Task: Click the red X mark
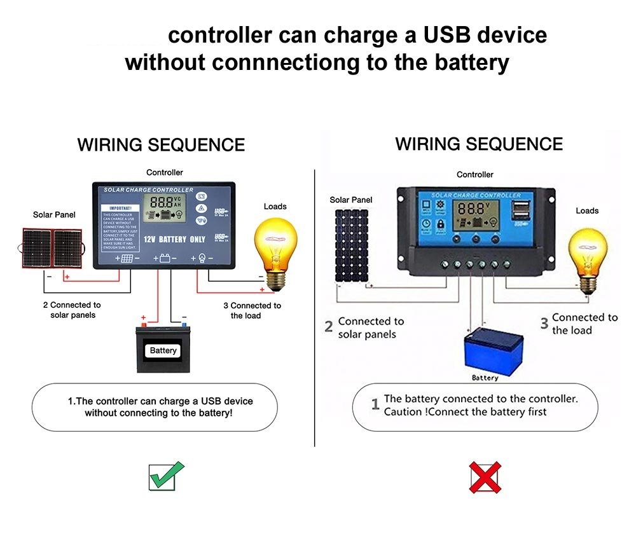pyautogui.click(x=485, y=478)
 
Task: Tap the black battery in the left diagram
pyautogui.click(x=163, y=348)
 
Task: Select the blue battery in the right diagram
pyautogui.click(x=485, y=350)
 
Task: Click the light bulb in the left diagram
pyautogui.click(x=275, y=245)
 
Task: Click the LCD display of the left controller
pyautogui.click(x=165, y=212)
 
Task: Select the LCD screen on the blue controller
pyautogui.click(x=476, y=216)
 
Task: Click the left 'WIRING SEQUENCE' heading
pyautogui.click(x=161, y=145)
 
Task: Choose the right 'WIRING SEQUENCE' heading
pyautogui.click(x=479, y=144)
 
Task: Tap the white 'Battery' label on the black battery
pyautogui.click(x=163, y=350)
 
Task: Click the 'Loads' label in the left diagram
pyautogui.click(x=275, y=206)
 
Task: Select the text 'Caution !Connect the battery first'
pyautogui.click(x=465, y=412)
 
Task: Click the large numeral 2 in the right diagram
pyautogui.click(x=329, y=327)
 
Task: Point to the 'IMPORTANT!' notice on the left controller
pyautogui.click(x=120, y=208)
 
